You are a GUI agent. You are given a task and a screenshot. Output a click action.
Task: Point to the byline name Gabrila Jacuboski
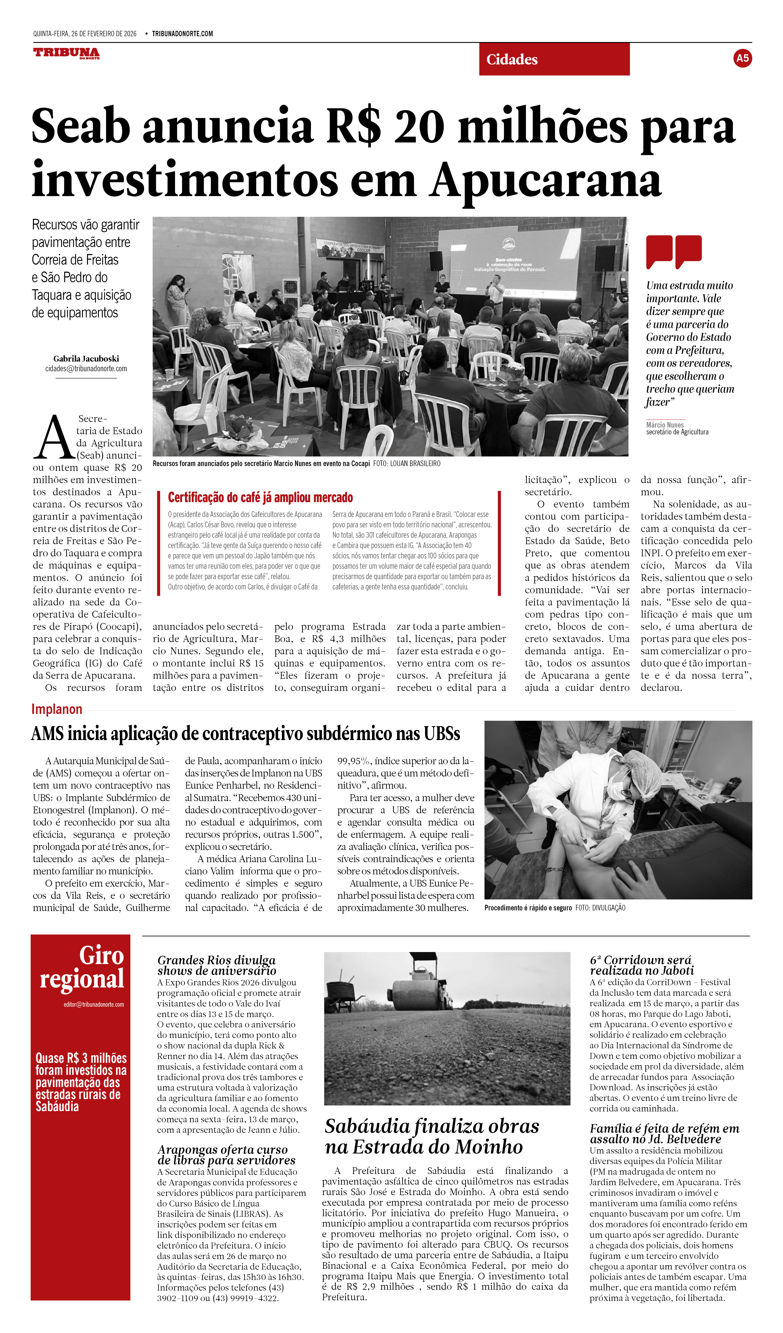coord(86,359)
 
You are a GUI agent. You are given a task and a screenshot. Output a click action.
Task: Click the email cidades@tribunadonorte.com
coord(86,369)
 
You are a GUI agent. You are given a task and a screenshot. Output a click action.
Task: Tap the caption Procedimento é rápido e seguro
coord(528,908)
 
